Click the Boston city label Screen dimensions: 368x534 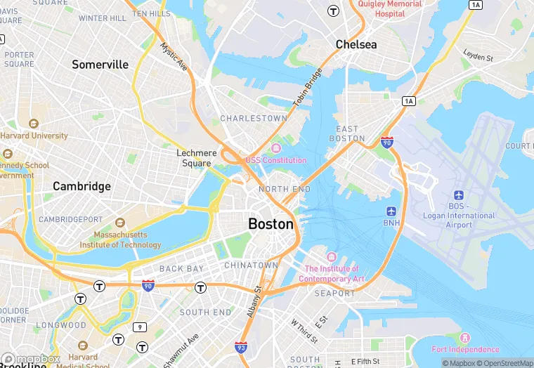pyautogui.click(x=271, y=224)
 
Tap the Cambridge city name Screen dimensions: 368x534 pyautogui.click(x=82, y=186)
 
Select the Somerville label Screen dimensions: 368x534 pyautogui.click(x=100, y=65)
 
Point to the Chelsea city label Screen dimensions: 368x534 pyautogui.click(x=356, y=44)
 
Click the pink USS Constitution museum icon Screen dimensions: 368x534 pyautogui.click(x=275, y=147)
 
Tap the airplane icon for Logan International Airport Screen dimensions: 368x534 pyautogui.click(x=459, y=195)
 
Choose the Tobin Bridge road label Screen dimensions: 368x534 pyautogui.click(x=307, y=87)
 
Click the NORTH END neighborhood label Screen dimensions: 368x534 pyautogui.click(x=284, y=190)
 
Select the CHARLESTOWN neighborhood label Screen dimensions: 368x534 pyautogui.click(x=254, y=119)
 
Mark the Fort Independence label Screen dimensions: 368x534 pyautogui.click(x=465, y=349)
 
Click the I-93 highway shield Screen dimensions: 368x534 pyautogui.click(x=241, y=347)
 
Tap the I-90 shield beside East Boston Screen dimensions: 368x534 pyautogui.click(x=386, y=142)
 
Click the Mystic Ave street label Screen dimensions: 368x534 pyautogui.click(x=174, y=58)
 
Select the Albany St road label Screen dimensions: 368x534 pyautogui.click(x=254, y=302)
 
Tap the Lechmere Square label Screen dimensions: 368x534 pyautogui.click(x=193, y=158)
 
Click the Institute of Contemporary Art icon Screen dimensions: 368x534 pyautogui.click(x=332, y=257)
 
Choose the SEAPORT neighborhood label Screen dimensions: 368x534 pyautogui.click(x=334, y=293)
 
